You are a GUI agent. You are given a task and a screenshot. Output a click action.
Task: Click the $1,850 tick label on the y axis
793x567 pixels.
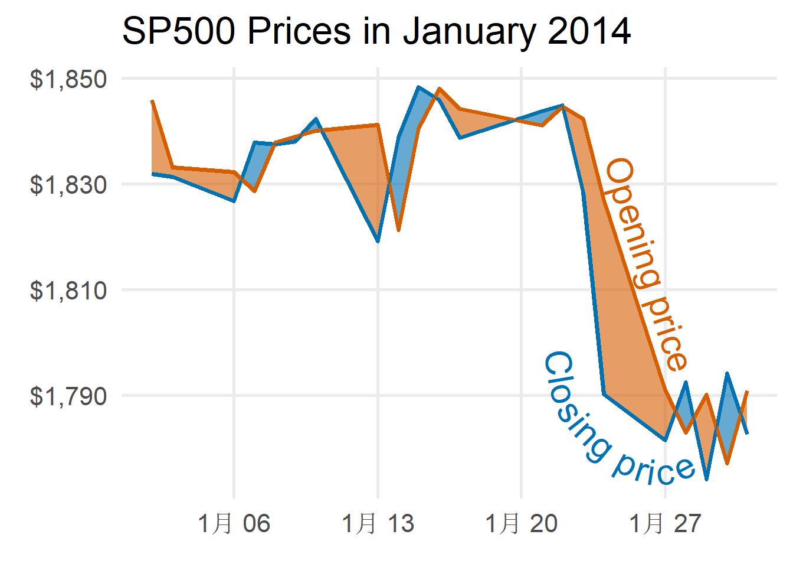coord(68,79)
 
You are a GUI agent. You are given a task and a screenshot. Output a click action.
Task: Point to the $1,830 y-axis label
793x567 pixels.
coord(68,185)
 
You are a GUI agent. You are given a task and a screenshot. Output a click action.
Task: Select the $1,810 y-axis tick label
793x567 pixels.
coord(68,291)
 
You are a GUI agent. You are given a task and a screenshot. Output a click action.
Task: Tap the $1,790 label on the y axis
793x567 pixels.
coord(68,396)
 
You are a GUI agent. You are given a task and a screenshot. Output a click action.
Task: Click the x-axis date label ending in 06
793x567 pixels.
coord(234,523)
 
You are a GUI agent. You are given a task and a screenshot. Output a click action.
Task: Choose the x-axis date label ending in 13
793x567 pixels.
coord(378,523)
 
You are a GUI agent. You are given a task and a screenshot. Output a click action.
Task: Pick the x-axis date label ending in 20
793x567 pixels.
coord(521,523)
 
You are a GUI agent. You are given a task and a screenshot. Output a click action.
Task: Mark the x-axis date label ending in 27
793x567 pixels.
coord(665,523)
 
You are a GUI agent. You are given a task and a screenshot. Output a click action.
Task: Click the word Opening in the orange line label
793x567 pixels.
coord(631,221)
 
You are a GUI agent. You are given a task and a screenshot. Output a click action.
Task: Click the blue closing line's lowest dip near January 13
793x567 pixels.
coord(378,242)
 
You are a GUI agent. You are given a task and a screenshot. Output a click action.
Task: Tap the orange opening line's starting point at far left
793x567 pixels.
coord(152,101)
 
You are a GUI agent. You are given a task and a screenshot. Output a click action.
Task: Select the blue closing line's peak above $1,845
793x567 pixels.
coord(418,87)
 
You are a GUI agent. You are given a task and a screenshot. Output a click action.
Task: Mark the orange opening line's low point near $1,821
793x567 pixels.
coord(399,230)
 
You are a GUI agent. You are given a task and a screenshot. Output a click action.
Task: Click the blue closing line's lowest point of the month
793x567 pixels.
coord(706,479)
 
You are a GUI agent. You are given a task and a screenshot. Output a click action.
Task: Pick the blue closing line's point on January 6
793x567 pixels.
coord(234,201)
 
